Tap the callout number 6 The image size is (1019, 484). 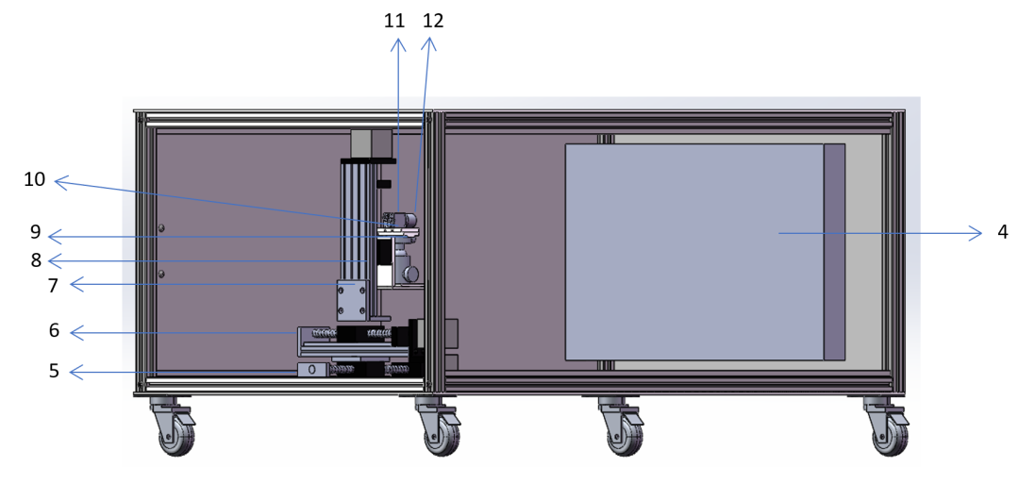coord(54,330)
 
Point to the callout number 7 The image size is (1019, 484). coord(54,285)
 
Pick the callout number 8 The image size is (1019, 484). coord(37,259)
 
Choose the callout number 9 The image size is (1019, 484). coord(36,232)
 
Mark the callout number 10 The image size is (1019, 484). coord(35,179)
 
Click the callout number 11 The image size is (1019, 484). coord(394,22)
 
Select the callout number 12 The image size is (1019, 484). coord(433,22)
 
